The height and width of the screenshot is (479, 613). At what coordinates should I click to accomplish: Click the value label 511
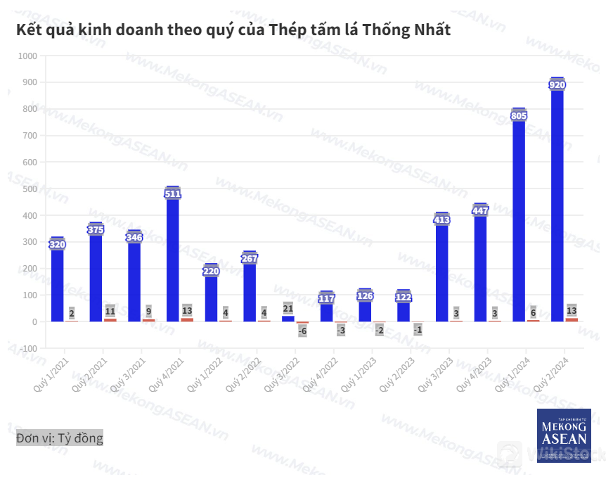(173, 193)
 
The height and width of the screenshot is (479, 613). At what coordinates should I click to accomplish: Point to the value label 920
(557, 84)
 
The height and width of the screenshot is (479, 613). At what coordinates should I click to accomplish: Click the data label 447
(480, 211)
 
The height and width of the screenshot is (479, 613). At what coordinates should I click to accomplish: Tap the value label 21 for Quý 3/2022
(288, 308)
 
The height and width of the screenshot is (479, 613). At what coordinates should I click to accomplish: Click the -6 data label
(302, 331)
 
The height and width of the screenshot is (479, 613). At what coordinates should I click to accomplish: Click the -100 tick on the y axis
(27, 348)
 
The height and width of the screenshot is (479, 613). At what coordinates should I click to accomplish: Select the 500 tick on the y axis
(29, 189)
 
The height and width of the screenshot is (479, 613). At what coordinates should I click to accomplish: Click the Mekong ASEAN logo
(564, 435)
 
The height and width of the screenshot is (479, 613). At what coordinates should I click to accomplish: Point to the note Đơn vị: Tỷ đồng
(60, 438)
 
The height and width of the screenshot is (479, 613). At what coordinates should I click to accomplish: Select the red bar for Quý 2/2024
(572, 319)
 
